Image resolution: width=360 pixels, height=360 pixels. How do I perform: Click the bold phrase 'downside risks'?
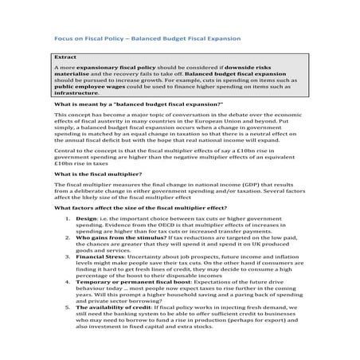click(247, 72)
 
